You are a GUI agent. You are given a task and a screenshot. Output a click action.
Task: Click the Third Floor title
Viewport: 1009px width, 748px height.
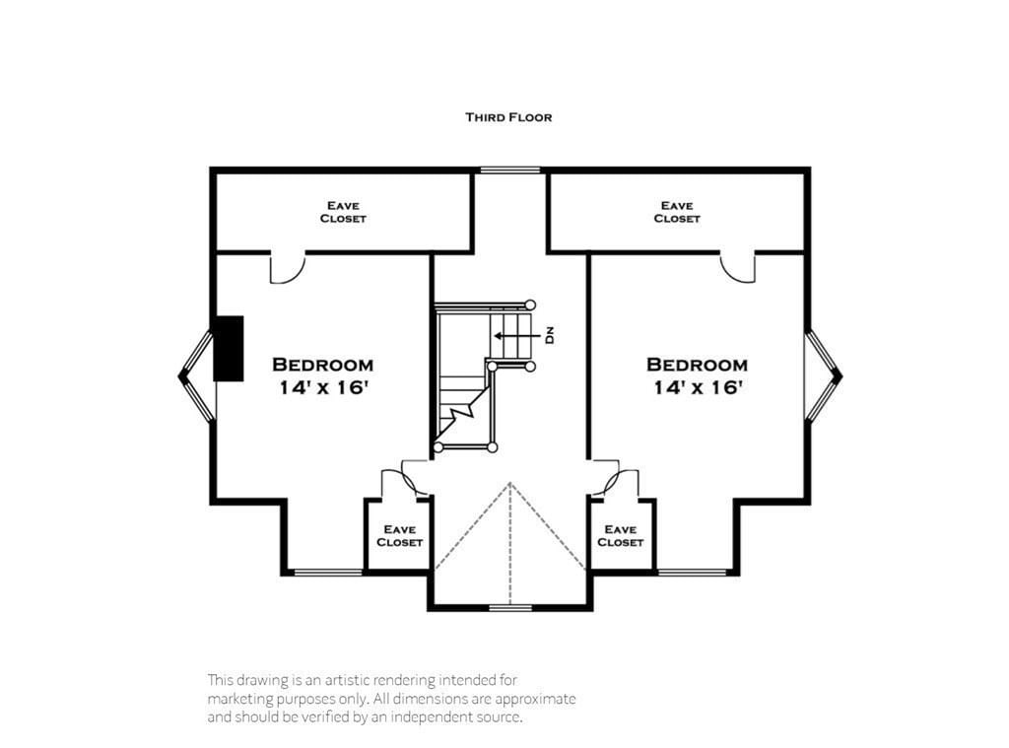coord(508,117)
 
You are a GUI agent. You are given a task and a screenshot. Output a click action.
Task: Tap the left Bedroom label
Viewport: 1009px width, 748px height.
coord(322,365)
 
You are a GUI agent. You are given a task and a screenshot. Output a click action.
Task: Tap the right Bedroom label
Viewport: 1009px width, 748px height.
coord(697,365)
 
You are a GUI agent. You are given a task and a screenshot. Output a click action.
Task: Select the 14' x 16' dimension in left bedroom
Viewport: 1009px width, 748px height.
coord(323,388)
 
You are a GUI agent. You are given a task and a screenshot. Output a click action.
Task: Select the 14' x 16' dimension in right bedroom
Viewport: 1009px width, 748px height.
coord(697,388)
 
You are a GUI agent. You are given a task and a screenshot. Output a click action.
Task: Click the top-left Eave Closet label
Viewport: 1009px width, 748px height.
coord(343,212)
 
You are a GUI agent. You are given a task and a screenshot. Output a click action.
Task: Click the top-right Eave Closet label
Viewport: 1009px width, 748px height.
coord(677,212)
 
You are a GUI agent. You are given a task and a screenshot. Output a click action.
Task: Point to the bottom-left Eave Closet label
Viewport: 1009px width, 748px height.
coord(399,536)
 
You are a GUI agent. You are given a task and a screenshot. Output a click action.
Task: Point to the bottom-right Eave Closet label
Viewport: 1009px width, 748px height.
coord(621,536)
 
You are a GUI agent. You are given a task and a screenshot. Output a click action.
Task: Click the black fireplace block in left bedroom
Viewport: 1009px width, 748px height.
coord(229,348)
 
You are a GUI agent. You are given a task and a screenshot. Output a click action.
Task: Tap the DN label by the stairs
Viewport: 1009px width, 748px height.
coord(550,335)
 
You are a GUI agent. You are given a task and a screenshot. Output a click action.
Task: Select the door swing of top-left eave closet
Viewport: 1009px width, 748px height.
coord(286,269)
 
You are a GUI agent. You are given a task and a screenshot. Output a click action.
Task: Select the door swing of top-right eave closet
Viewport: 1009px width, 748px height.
coord(737,268)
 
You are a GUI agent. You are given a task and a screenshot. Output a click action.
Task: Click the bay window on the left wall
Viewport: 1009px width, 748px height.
coord(195,375)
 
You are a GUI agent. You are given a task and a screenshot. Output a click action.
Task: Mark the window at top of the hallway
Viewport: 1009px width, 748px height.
coord(510,170)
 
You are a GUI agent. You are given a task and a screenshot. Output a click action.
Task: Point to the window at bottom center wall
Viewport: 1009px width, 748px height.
coord(509,608)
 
